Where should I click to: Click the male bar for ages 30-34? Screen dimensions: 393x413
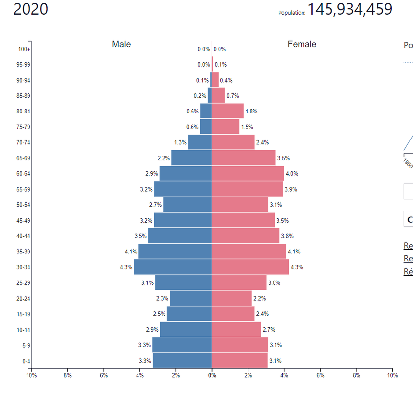[172, 267]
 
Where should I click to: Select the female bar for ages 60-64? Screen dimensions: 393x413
[248, 173]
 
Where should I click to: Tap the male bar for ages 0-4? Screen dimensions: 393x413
[182, 361]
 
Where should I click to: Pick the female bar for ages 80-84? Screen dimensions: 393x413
[227, 111]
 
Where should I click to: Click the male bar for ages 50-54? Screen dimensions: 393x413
[187, 205]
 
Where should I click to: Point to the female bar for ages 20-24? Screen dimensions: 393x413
[231, 298]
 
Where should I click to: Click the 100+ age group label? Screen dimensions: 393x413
[25, 49]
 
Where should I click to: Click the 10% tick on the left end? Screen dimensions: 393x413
[31, 375]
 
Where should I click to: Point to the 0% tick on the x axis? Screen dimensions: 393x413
[212, 375]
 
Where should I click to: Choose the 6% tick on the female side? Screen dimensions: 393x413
[320, 375]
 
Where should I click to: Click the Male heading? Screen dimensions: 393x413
[121, 44]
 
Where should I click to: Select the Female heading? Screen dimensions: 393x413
[302, 44]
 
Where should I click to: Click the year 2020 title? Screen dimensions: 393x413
[30, 9]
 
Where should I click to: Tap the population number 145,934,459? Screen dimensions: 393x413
[350, 9]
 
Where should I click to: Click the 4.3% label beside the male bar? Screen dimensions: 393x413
[126, 267]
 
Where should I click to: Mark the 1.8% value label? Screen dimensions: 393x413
[251, 112]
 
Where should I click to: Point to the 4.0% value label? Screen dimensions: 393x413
[292, 174]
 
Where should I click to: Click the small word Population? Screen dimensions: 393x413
[292, 13]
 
